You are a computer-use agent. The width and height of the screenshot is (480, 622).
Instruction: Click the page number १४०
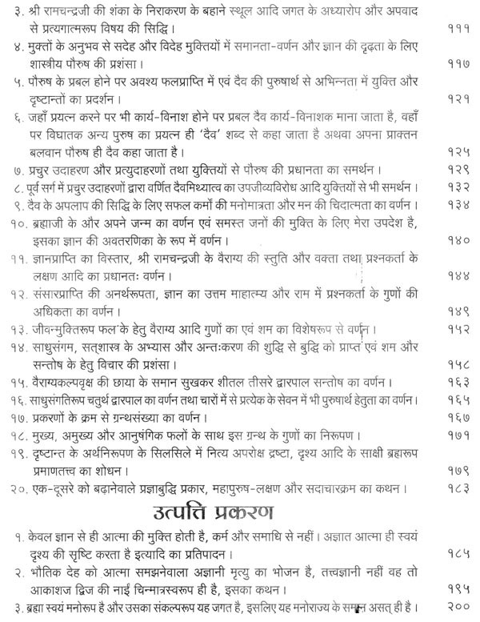tap(458, 239)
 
